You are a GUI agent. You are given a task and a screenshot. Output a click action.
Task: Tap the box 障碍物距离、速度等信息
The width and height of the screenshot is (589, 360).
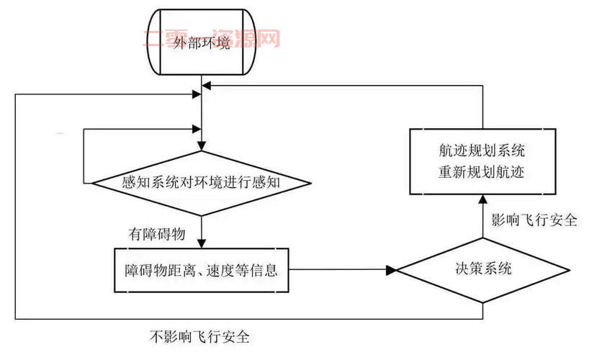(x=202, y=271)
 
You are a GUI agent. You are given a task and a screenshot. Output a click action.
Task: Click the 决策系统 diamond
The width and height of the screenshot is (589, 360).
(x=482, y=271)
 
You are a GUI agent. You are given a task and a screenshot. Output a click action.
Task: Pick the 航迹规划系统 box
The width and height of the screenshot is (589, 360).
(x=482, y=161)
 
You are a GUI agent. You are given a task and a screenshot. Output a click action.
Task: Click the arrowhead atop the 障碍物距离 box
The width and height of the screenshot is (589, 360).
(x=202, y=243)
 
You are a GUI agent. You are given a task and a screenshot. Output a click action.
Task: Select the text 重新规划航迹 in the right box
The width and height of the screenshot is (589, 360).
(x=482, y=172)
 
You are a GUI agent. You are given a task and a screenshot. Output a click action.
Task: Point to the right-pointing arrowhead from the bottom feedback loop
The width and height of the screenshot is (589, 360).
(x=196, y=94)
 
